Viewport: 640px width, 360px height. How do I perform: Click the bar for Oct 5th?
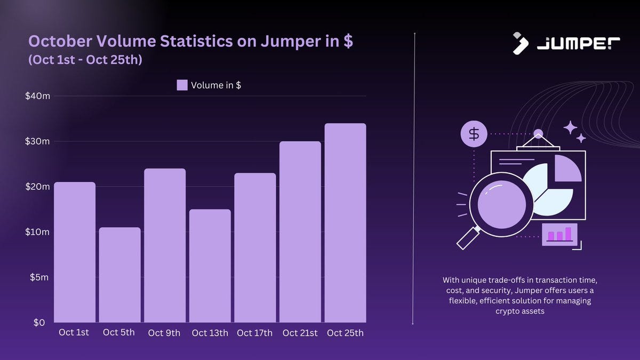coord(119,275)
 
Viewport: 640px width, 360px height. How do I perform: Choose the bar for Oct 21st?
coord(300,232)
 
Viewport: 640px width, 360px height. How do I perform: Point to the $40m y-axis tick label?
coord(37,96)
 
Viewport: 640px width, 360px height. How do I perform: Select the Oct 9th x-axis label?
coord(164,333)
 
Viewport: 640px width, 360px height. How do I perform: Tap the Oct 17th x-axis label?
coord(254,333)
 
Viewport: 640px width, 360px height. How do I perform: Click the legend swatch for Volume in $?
coord(182,85)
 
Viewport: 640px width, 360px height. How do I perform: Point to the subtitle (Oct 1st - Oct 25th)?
coord(85,60)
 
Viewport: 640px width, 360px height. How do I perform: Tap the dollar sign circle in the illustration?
coord(474,134)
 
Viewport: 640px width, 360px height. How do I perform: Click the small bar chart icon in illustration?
coord(559,235)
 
